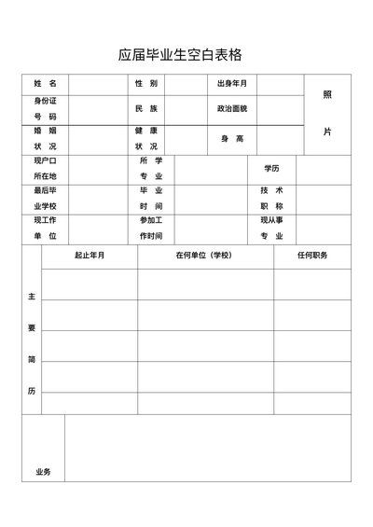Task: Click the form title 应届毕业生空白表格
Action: click(186, 55)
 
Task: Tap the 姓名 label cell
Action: click(45, 84)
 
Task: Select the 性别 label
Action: click(146, 84)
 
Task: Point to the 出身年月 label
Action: click(232, 84)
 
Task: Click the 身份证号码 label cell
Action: click(45, 108)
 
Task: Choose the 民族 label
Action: click(146, 109)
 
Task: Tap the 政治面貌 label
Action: click(232, 109)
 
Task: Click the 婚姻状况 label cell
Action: click(45, 139)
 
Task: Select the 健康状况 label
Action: click(146, 139)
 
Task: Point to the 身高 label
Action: click(232, 139)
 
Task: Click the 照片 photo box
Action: click(327, 113)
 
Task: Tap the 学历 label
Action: click(271, 169)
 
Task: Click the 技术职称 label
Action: click(271, 198)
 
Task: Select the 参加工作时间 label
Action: click(151, 228)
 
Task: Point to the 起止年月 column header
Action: click(90, 255)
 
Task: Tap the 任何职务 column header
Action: click(312, 255)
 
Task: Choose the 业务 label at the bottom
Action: click(44, 471)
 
